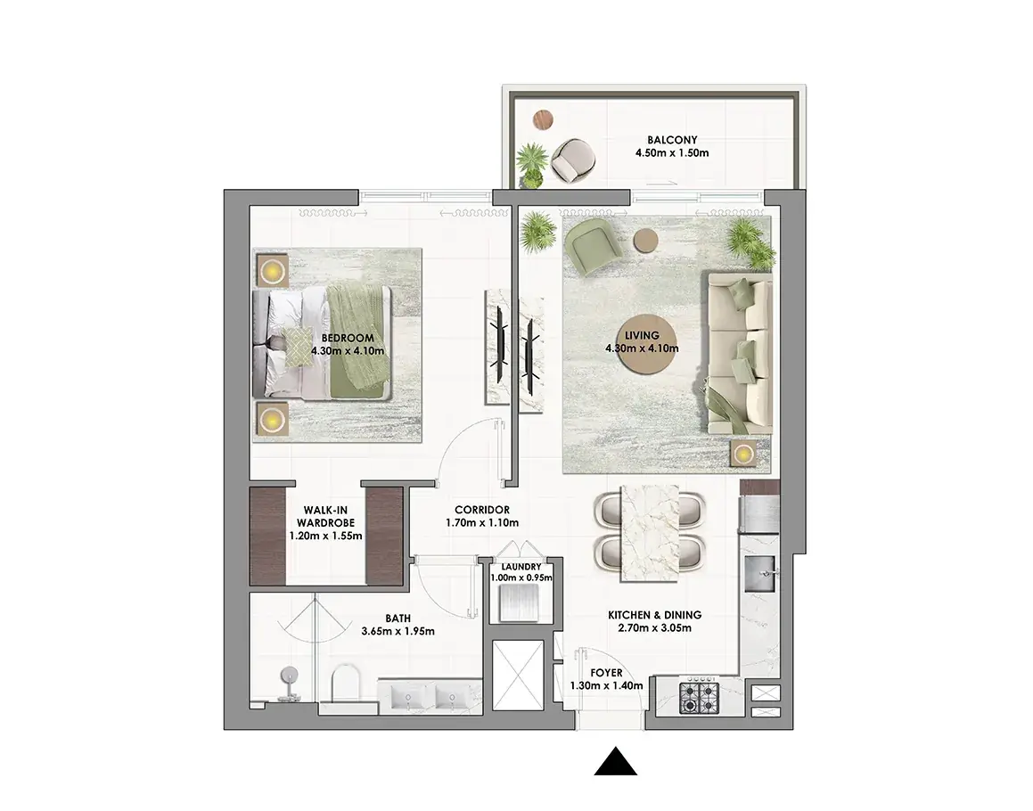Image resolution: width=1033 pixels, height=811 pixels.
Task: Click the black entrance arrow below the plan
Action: (615, 762)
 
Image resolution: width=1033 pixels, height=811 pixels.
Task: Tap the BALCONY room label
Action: (672, 140)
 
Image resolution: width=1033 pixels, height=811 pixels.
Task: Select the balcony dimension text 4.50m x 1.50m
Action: (672, 153)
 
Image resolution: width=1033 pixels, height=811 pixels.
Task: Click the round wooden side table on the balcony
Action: (543, 120)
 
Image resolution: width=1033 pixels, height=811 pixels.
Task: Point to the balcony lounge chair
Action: (573, 160)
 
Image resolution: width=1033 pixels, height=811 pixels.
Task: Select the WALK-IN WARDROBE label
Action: (325, 517)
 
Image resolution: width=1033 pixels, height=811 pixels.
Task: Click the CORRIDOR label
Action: (482, 510)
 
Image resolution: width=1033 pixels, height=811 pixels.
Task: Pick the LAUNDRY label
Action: (521, 567)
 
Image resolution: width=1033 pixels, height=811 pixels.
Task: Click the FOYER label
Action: (606, 673)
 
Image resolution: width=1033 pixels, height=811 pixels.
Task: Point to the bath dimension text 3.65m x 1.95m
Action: (398, 631)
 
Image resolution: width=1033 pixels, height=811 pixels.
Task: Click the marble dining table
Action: (651, 534)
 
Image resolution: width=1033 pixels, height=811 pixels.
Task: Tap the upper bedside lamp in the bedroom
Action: (272, 270)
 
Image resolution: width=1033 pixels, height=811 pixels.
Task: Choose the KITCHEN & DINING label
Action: (655, 615)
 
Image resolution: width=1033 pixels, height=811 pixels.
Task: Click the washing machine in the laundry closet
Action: (519, 602)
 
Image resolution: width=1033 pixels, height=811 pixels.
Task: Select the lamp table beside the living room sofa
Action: (744, 454)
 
